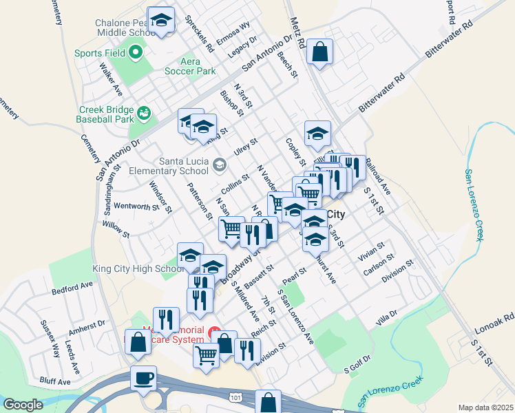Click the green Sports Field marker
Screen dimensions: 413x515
click(x=136, y=52)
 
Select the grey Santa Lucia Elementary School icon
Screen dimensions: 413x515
click(x=219, y=164)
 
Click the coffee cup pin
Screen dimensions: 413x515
click(x=143, y=378)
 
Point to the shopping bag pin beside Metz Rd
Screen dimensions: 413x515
click(x=320, y=52)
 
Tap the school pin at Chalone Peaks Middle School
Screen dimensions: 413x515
click(x=161, y=21)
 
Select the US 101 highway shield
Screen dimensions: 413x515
click(x=236, y=397)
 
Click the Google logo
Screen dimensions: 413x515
click(x=23, y=405)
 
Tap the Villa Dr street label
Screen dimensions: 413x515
click(x=387, y=317)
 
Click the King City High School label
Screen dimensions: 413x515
click(x=135, y=268)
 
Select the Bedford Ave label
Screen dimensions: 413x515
click(x=72, y=287)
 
